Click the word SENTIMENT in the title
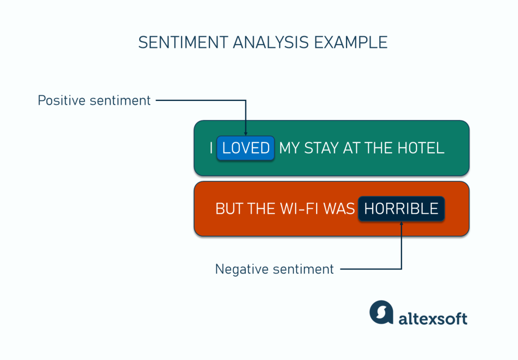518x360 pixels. (183, 42)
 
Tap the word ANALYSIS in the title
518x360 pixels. (271, 42)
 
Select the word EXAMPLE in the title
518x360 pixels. (351, 42)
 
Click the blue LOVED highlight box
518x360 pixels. (246, 148)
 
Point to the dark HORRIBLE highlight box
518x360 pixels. (401, 209)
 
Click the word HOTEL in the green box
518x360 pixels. (421, 148)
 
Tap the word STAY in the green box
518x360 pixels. (322, 148)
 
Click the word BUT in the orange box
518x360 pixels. (229, 209)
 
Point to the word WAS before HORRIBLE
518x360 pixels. (339, 209)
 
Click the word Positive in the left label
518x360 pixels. (62, 101)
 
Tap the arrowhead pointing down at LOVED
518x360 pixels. (246, 134)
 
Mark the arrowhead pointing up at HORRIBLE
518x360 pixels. (402, 223)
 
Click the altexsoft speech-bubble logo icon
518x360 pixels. (381, 312)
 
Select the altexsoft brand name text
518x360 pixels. (433, 319)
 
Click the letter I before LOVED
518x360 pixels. (211, 148)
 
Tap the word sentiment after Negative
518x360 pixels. (303, 269)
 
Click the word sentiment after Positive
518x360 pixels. (120, 101)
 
